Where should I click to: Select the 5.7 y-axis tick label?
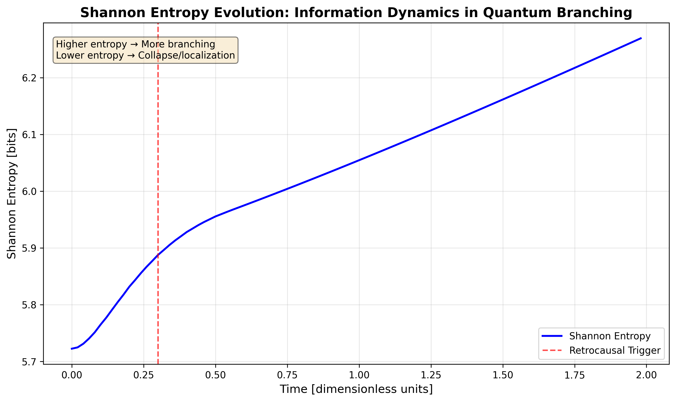point(29,362)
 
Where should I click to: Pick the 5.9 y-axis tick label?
point(29,248)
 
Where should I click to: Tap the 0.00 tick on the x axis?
point(72,375)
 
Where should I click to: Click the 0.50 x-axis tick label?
point(216,375)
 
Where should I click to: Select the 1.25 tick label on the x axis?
point(431,375)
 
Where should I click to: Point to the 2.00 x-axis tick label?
point(646,375)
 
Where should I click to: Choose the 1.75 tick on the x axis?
point(575,375)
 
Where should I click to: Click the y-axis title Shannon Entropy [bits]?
point(12,193)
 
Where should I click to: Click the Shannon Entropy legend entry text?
point(610,336)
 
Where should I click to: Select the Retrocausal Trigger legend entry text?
point(615,350)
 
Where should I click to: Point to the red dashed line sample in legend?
point(552,350)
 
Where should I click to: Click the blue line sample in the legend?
point(552,336)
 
